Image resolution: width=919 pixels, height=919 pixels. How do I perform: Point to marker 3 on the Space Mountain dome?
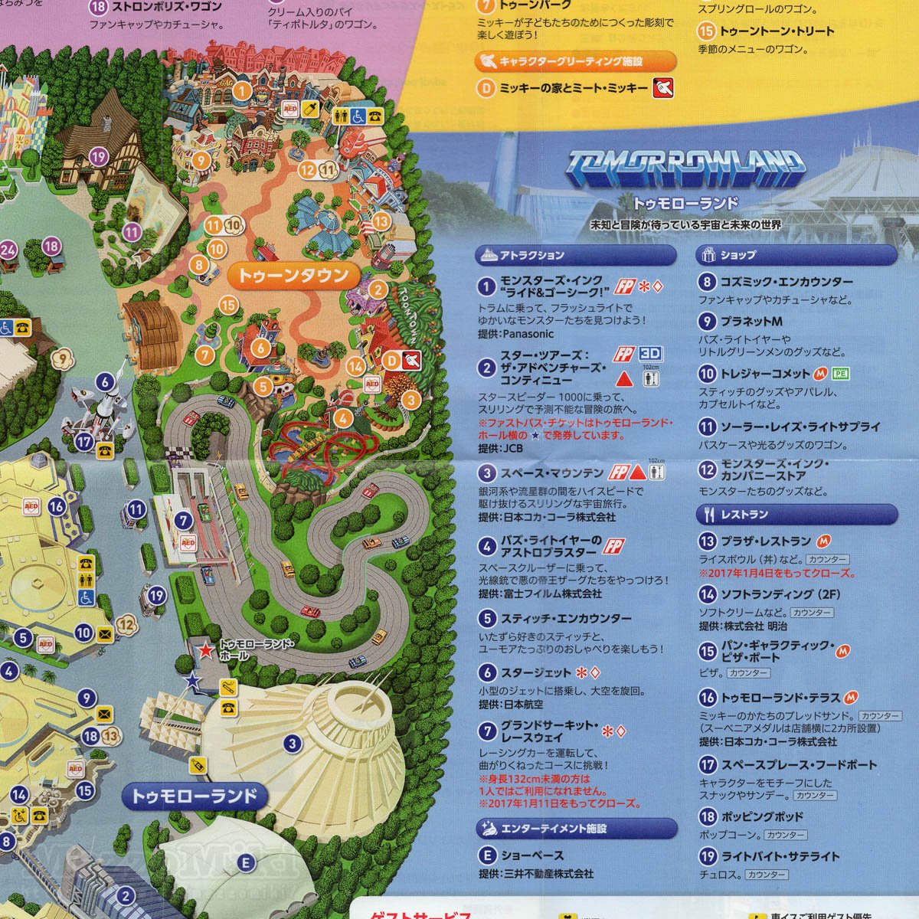[x=291, y=742]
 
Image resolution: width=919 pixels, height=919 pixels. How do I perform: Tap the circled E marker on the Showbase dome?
[x=246, y=863]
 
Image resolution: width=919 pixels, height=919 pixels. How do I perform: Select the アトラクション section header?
[x=576, y=255]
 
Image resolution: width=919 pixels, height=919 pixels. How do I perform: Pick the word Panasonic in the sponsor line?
[x=528, y=334]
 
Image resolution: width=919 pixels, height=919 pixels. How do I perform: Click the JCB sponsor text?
[x=512, y=449]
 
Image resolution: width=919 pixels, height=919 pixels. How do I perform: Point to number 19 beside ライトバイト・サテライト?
[x=707, y=856]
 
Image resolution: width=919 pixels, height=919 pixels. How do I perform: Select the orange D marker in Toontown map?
[x=391, y=360]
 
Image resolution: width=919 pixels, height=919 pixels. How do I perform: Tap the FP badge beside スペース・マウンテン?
[x=618, y=473]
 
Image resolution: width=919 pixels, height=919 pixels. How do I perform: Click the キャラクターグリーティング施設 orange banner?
[x=576, y=61]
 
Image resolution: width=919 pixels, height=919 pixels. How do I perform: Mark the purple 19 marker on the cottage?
[x=98, y=157]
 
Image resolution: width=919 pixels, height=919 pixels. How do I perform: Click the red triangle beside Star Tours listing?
[x=625, y=378]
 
